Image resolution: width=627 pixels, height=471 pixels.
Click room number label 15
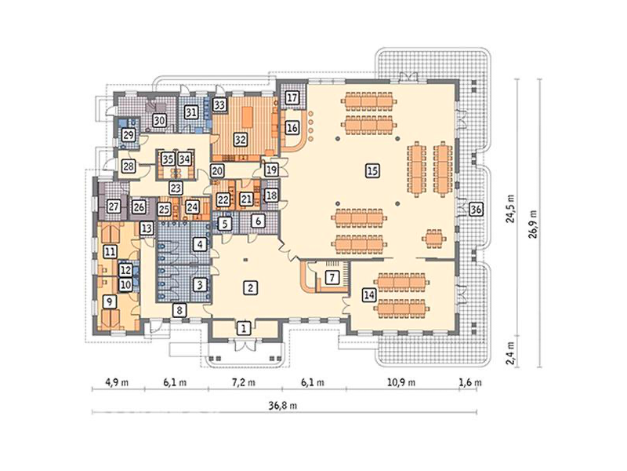click(x=372, y=171)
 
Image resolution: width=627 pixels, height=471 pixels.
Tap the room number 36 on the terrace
click(x=476, y=209)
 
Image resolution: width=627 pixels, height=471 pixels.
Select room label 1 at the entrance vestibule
click(x=243, y=329)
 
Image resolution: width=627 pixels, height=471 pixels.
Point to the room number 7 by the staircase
click(x=332, y=277)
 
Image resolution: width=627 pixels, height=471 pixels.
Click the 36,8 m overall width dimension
click(x=284, y=406)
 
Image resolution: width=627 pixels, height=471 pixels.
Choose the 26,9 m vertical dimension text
click(x=533, y=224)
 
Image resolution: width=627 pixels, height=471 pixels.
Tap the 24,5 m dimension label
click(x=510, y=208)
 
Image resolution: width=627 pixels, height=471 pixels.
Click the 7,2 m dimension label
click(x=244, y=382)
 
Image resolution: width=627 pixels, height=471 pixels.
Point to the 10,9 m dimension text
click(x=401, y=382)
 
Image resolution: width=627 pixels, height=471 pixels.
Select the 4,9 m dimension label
click(x=117, y=382)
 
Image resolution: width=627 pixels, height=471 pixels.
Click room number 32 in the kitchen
click(x=240, y=140)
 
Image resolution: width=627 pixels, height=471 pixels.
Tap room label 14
click(x=369, y=296)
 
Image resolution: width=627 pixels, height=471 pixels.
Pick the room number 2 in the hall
click(x=250, y=287)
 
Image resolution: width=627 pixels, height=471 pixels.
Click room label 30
click(x=159, y=120)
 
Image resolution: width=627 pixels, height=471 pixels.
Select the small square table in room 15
click(x=433, y=239)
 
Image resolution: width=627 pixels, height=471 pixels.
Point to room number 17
click(x=292, y=97)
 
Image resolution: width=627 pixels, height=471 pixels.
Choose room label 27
click(x=114, y=207)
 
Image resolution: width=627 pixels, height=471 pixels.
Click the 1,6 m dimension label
click(x=470, y=382)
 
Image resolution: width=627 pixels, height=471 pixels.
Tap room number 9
click(x=110, y=302)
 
